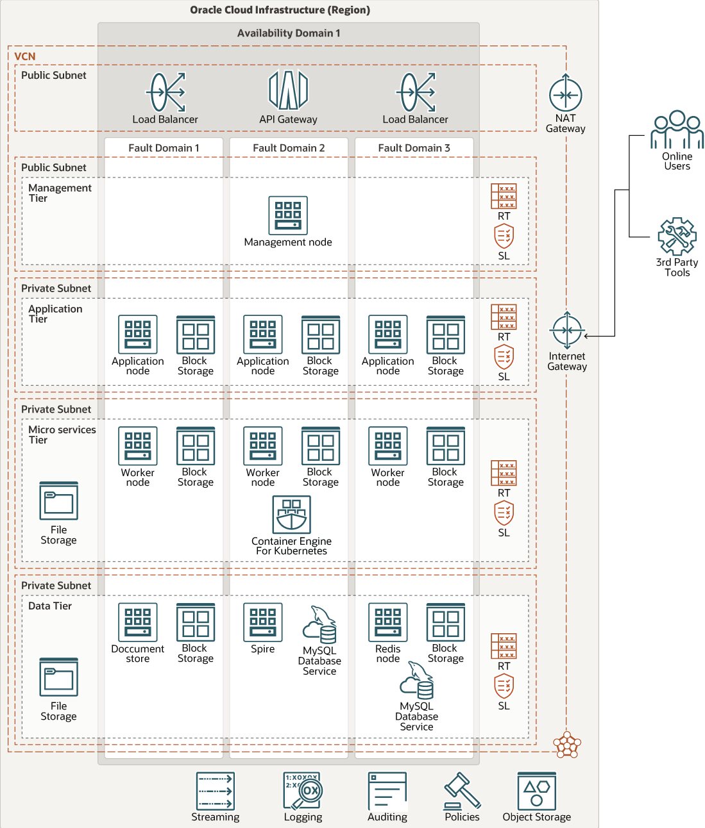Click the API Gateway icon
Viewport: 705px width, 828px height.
(x=288, y=90)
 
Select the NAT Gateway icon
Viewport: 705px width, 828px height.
(x=565, y=95)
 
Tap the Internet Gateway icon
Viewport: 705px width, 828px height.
(x=566, y=331)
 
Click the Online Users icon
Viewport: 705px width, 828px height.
(x=677, y=130)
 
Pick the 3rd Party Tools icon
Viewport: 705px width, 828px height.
(x=677, y=236)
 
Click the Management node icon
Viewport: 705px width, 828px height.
(x=288, y=215)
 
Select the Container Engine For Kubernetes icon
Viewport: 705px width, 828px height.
(x=291, y=515)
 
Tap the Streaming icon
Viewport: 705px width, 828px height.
(x=216, y=791)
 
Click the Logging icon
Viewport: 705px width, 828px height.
(x=303, y=791)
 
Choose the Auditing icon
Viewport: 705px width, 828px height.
(x=387, y=791)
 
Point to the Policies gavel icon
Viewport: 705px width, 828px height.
(x=462, y=791)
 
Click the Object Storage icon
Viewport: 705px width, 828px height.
(x=537, y=791)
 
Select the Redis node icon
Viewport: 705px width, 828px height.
(x=388, y=622)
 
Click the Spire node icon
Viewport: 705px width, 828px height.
(x=263, y=622)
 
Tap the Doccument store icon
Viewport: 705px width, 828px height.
(x=138, y=622)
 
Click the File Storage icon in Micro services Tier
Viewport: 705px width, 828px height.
(x=59, y=501)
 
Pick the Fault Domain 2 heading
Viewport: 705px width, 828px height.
(x=289, y=148)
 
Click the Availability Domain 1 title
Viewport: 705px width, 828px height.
(x=289, y=33)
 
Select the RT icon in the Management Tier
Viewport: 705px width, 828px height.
(x=504, y=196)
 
